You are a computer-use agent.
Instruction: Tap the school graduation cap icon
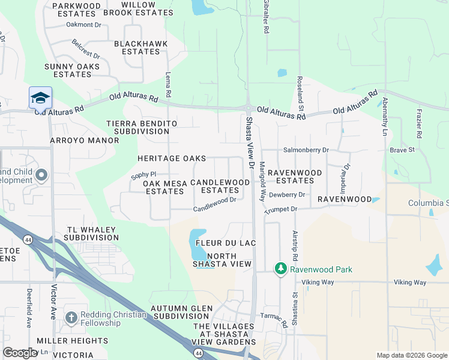tap(40, 98)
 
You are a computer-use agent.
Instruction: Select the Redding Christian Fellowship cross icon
tap(71, 318)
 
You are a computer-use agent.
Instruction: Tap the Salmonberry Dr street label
tap(306, 150)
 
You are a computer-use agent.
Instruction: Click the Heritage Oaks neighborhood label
tap(172, 158)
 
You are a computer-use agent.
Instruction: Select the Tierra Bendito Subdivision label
tap(142, 127)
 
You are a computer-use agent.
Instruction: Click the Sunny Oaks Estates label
tap(72, 70)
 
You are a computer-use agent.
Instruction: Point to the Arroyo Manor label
tap(85, 140)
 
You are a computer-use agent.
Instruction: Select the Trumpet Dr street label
tap(281, 209)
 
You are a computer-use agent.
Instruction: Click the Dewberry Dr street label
tap(288, 195)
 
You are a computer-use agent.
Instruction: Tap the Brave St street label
tap(402, 150)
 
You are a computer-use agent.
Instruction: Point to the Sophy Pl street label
tap(143, 176)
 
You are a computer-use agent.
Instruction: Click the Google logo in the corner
tap(20, 353)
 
